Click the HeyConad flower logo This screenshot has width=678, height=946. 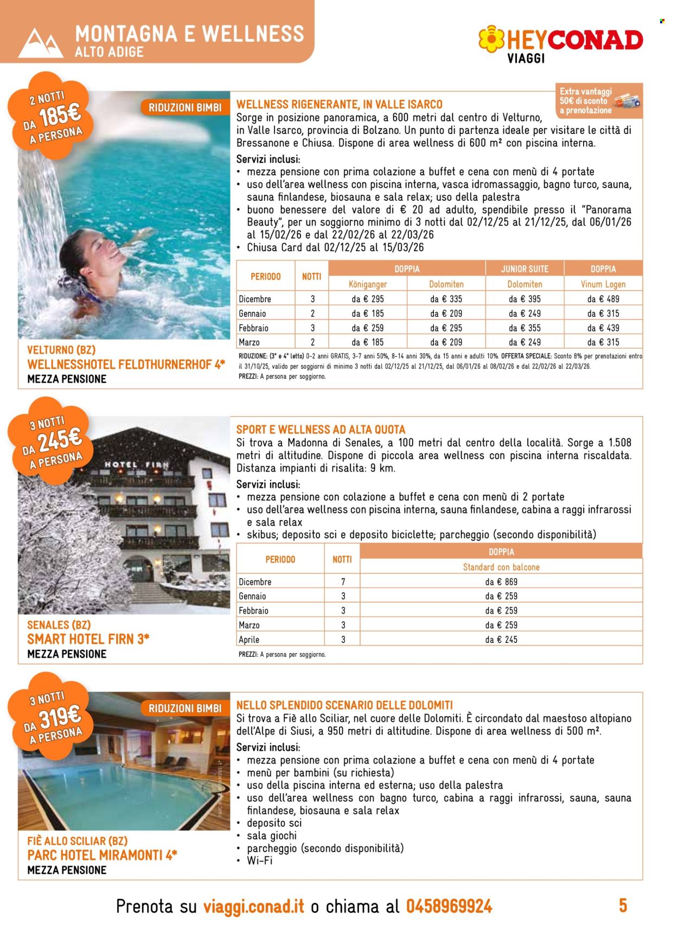[491, 39]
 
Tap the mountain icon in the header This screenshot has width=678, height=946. [40, 43]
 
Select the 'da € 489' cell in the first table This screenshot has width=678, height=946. [603, 299]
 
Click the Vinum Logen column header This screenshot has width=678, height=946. [603, 284]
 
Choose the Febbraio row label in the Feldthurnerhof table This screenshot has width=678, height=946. [253, 328]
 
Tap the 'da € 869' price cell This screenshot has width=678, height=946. [501, 581]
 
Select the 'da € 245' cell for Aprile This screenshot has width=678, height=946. [501, 640]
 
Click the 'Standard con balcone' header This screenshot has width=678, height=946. [501, 567]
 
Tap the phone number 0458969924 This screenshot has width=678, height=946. [449, 906]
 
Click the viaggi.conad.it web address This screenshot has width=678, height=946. [253, 906]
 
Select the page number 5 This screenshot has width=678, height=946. [623, 905]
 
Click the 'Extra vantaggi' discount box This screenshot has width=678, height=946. [599, 101]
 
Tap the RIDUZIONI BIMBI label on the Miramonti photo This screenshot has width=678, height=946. [185, 708]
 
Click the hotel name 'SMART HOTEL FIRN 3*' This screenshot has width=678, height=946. [88, 639]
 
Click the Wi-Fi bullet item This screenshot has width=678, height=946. [259, 860]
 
